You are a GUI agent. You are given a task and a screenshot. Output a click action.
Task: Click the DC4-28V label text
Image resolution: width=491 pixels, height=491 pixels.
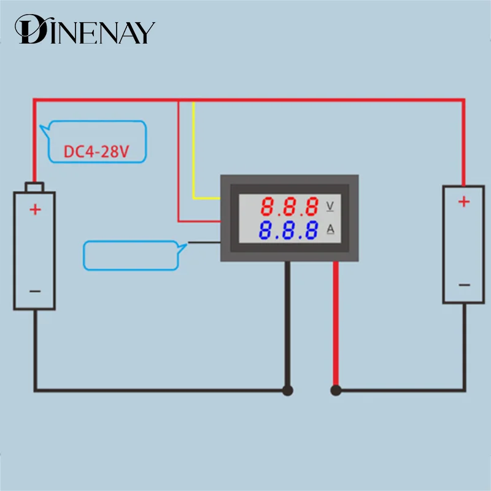click(x=96, y=151)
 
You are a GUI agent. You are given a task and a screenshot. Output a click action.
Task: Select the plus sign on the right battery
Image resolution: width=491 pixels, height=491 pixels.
click(x=464, y=201)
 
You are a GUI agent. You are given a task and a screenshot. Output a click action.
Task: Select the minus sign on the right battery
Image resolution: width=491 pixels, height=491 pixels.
click(x=464, y=285)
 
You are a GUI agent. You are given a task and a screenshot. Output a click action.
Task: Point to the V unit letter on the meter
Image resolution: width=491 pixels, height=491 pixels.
click(x=330, y=205)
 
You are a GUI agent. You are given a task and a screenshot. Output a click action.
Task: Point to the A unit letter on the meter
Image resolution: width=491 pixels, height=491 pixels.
click(x=330, y=230)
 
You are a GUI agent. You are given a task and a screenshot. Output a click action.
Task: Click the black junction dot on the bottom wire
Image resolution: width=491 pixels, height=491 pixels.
click(x=287, y=390)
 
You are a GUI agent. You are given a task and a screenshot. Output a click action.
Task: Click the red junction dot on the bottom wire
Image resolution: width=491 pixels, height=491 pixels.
click(x=336, y=390)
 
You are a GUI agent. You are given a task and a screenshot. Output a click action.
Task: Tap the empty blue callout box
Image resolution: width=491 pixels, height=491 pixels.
click(x=132, y=255)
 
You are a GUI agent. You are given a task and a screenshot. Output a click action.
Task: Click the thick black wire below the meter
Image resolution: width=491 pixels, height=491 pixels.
click(x=287, y=325)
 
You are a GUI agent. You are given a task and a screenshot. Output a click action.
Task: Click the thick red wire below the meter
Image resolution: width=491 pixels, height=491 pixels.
click(x=336, y=325)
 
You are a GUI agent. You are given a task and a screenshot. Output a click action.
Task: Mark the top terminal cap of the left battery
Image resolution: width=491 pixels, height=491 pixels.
click(x=35, y=186)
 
